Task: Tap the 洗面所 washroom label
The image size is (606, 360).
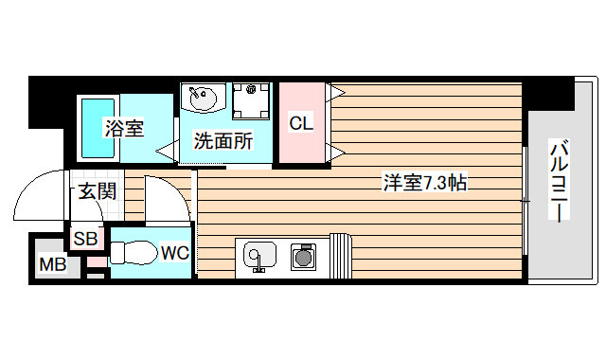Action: [x=223, y=142]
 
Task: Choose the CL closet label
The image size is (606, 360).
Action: [x=300, y=122]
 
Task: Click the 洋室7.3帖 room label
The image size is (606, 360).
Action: [x=424, y=183]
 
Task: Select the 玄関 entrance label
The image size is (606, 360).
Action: [x=96, y=191]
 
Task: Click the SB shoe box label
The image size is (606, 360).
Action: [x=85, y=238]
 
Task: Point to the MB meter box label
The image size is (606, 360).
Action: [x=52, y=264]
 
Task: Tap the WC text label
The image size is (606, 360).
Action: [x=174, y=253]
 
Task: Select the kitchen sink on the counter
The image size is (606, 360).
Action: [x=258, y=255]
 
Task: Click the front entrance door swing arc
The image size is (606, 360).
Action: [x=38, y=194]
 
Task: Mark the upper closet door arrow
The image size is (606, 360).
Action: [x=336, y=92]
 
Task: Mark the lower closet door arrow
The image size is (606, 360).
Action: [x=336, y=152]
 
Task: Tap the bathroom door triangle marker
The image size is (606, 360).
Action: [x=166, y=148]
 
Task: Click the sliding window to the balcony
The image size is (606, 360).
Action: [x=524, y=199]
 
